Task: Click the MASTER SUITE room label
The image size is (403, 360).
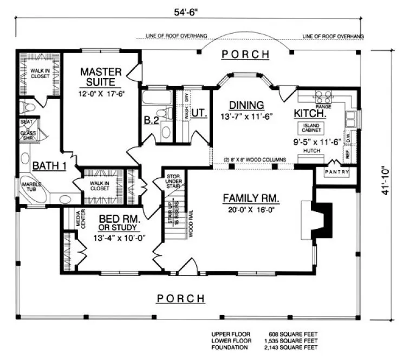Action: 98,77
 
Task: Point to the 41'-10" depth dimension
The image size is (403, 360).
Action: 386,180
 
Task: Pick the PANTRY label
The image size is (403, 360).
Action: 336,172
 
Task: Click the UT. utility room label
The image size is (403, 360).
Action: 199,113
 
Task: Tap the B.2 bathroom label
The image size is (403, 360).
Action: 151,120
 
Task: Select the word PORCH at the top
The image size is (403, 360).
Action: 245,54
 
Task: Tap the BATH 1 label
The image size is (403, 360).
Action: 49,166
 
